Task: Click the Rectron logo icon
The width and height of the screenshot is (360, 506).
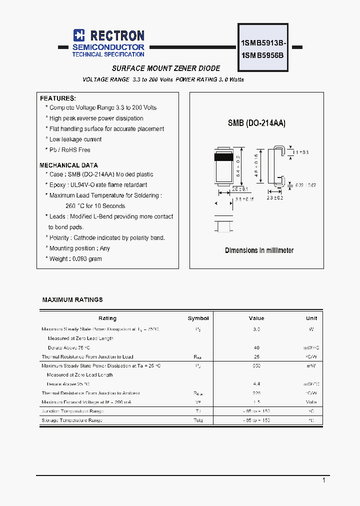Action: coord(79,35)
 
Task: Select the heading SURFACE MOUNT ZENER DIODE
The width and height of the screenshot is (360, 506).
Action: coord(165,68)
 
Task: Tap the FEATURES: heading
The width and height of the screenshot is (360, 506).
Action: coord(58,98)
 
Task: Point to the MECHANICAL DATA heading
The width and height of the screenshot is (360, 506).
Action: coord(68,165)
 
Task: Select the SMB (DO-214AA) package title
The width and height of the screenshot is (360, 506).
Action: coord(256,123)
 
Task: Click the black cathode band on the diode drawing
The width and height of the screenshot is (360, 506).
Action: coord(224,156)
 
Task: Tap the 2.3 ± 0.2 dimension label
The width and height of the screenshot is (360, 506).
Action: coord(275,198)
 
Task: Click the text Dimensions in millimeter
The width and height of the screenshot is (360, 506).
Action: coord(259,250)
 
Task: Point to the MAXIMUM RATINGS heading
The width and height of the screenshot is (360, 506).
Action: coord(72,300)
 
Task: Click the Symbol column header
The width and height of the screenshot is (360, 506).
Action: coord(198,318)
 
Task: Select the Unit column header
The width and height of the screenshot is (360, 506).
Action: coord(311,318)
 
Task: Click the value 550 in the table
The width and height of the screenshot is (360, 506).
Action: coord(256,366)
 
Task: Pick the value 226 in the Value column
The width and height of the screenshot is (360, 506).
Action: coord(256,393)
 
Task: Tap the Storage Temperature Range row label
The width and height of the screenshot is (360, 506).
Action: coord(72,420)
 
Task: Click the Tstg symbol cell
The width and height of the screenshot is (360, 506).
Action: coord(198,420)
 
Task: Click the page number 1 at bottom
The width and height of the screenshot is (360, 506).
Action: coord(323,480)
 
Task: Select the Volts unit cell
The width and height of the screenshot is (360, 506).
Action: coord(311,402)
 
